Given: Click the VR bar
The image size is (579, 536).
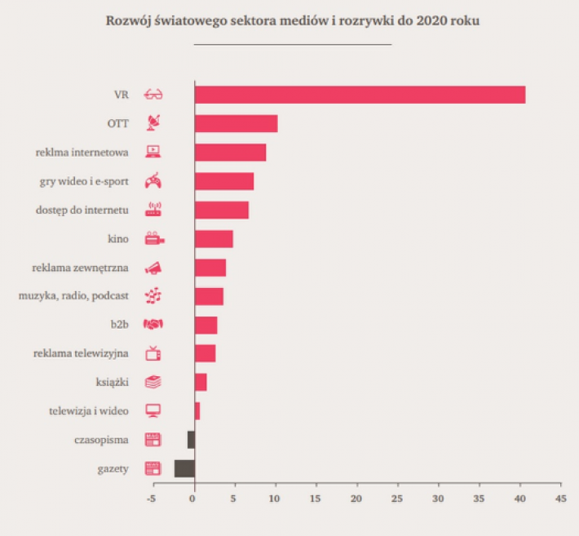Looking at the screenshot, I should pyautogui.click(x=360, y=95).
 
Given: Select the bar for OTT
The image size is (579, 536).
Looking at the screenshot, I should pyautogui.click(x=236, y=123).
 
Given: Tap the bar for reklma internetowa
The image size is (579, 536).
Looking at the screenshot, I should pyautogui.click(x=230, y=152).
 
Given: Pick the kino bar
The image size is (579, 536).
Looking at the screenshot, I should pyautogui.click(x=214, y=239).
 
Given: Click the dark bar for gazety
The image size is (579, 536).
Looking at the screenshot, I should pyautogui.click(x=184, y=468).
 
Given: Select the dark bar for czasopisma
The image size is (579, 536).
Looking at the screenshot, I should pyautogui.click(x=191, y=440).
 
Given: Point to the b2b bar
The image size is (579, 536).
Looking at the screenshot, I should pyautogui.click(x=206, y=325).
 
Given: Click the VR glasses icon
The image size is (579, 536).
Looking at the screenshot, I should pyautogui.click(x=153, y=95).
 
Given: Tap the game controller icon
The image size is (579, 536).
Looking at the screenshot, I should pyautogui.click(x=153, y=181).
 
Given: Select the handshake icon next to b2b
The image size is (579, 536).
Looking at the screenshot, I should pyautogui.click(x=153, y=325).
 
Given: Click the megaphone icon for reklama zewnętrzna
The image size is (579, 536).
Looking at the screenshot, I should pyautogui.click(x=153, y=268).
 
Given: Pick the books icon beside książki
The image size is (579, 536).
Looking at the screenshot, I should pyautogui.click(x=153, y=382).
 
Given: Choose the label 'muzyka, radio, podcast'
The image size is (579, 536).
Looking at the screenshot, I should pyautogui.click(x=74, y=296).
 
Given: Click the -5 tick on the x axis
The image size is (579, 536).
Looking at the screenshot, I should pyautogui.click(x=152, y=497).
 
